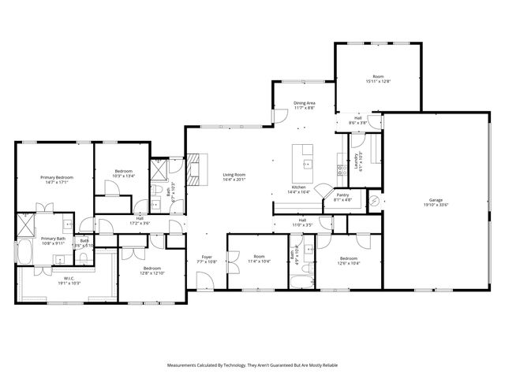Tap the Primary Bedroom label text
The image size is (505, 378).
pos(57,177)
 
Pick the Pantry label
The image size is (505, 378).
pos(342,195)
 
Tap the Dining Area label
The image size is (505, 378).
pos(305,102)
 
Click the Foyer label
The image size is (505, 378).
pos(207,257)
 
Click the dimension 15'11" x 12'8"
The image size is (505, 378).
pos(378,81)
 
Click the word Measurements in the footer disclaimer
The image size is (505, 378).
pos(186,365)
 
